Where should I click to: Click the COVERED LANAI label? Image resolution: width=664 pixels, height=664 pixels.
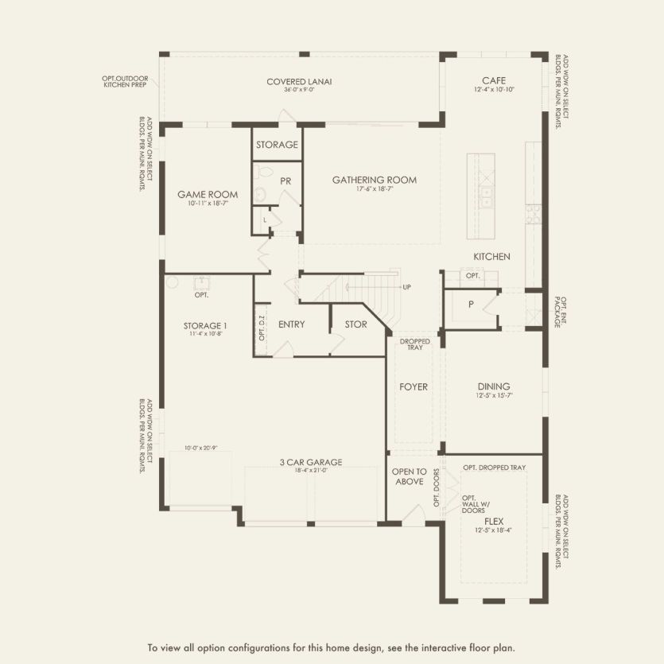pyautogui.click(x=299, y=82)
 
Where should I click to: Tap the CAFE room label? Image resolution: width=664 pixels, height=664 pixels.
pyautogui.click(x=494, y=81)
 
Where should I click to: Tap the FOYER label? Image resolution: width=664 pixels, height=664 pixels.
pyautogui.click(x=414, y=387)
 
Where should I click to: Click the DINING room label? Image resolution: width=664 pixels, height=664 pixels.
pyautogui.click(x=494, y=386)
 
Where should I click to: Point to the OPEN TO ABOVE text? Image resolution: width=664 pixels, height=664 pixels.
pyautogui.click(x=410, y=476)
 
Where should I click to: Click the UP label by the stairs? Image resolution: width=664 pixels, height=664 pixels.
pyautogui.click(x=407, y=287)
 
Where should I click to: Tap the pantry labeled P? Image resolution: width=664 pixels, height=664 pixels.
pyautogui.click(x=471, y=305)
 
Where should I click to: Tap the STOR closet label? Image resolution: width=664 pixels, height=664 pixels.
pyautogui.click(x=355, y=324)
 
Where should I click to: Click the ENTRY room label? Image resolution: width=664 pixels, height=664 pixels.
pyautogui.click(x=292, y=324)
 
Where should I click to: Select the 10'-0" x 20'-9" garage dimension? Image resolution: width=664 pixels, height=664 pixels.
pyautogui.click(x=200, y=448)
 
